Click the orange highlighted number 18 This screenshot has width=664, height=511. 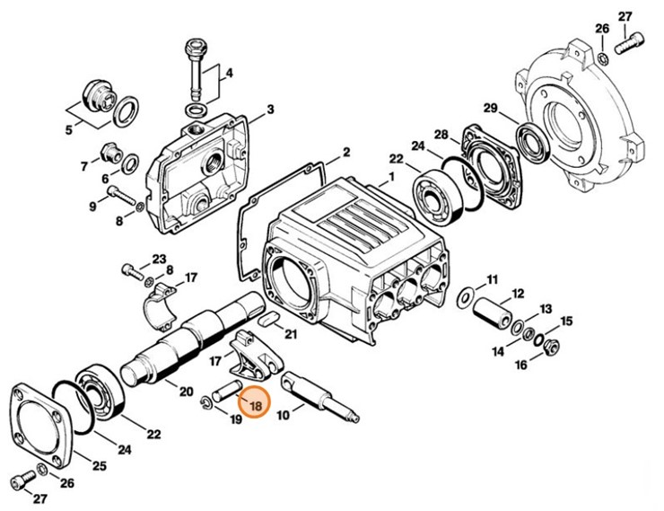256,406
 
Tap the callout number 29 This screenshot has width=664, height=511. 490,109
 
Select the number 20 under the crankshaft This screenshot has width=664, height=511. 186,392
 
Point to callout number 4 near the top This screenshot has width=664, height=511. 229,72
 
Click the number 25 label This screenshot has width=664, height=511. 100,465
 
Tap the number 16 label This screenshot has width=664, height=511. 521,365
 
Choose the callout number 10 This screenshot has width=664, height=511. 283,416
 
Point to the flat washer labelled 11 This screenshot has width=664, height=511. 466,296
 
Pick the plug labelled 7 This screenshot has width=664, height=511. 109,151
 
